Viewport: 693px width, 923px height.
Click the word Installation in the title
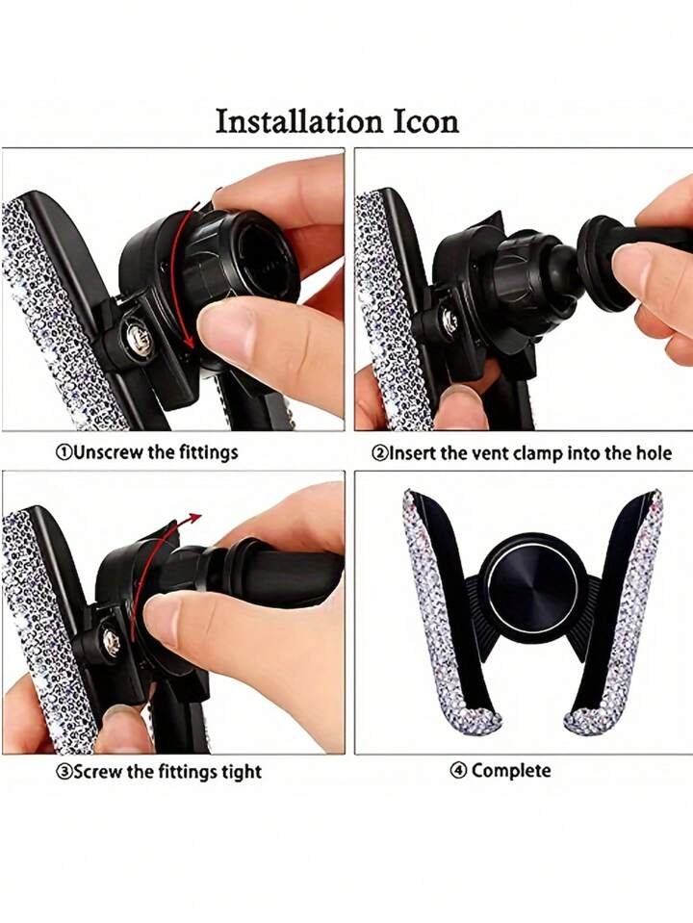coord(299,122)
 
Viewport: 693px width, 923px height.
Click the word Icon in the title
coord(425,122)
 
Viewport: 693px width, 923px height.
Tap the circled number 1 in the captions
coord(64,452)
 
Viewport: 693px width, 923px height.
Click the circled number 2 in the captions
coord(380,453)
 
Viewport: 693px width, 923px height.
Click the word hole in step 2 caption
coord(654,453)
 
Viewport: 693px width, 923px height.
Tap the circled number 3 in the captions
coord(64,771)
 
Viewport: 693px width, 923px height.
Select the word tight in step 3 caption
coord(242,772)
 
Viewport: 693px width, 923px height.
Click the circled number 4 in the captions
coord(459,771)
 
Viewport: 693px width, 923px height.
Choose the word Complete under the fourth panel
coord(511,771)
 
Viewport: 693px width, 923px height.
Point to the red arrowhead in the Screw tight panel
coord(193,518)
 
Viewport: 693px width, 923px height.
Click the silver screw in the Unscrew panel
coord(133,340)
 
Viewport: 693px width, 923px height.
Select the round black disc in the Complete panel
coord(533,588)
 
